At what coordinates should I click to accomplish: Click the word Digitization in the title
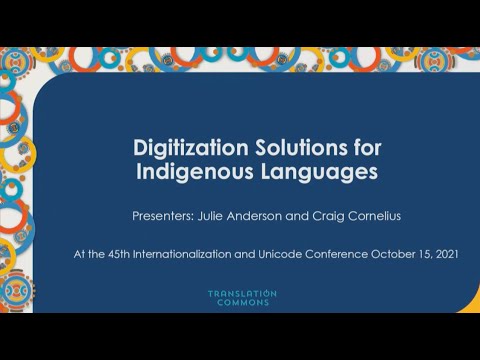[x=181, y=147]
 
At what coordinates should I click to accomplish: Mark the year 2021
[x=446, y=254]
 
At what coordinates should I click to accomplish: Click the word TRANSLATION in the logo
[x=242, y=294]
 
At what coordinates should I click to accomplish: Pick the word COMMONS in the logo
[x=242, y=303]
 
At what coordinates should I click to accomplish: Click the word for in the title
[x=367, y=147]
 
